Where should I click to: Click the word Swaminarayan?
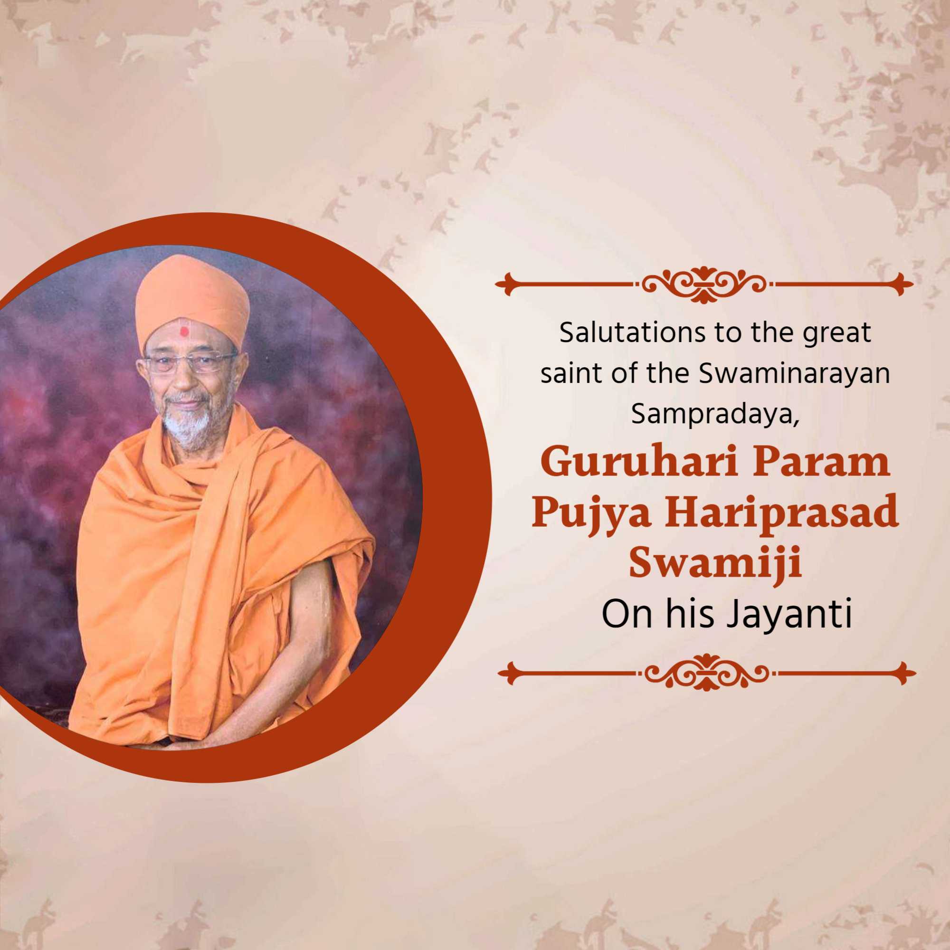pyautogui.click(x=794, y=374)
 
